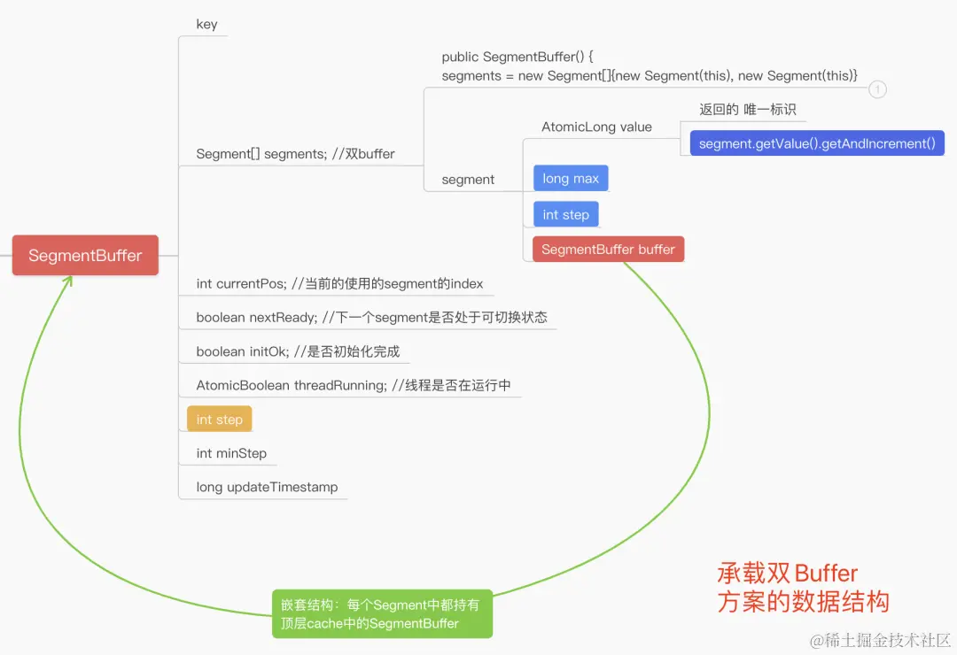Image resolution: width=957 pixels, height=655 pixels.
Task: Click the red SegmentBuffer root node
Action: pyautogui.click(x=85, y=255)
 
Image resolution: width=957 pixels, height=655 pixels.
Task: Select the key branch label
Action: pyautogui.click(x=206, y=24)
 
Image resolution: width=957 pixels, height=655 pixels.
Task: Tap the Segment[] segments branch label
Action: pyautogui.click(x=295, y=154)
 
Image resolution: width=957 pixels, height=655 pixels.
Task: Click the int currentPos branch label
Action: pyautogui.click(x=339, y=283)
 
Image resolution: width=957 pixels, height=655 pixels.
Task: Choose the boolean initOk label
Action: pyautogui.click(x=298, y=351)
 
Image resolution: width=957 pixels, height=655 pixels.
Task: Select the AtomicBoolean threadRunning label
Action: pyautogui.click(x=354, y=385)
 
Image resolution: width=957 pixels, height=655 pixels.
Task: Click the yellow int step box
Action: pyautogui.click(x=219, y=419)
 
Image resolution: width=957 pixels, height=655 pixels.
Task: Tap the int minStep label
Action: pyautogui.click(x=231, y=453)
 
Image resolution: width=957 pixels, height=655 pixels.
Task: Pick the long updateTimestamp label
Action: pyautogui.click(x=267, y=487)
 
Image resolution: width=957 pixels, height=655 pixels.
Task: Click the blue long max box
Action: pyautogui.click(x=571, y=179)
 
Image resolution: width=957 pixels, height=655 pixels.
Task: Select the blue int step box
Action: pyautogui.click(x=565, y=214)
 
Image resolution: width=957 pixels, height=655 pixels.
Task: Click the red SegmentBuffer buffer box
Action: pyautogui.click(x=608, y=249)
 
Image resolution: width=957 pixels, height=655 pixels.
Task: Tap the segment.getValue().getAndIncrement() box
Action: pyautogui.click(x=817, y=143)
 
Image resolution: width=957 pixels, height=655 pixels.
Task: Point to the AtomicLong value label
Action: pyautogui.click(x=596, y=127)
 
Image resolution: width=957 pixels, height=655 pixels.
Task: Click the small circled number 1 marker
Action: pyautogui.click(x=877, y=89)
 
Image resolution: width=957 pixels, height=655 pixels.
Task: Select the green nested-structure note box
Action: pyautogui.click(x=381, y=614)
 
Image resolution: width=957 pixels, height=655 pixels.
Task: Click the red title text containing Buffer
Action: pyautogui.click(x=802, y=588)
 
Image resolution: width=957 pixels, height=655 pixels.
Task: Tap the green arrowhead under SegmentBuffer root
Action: pyautogui.click(x=68, y=282)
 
